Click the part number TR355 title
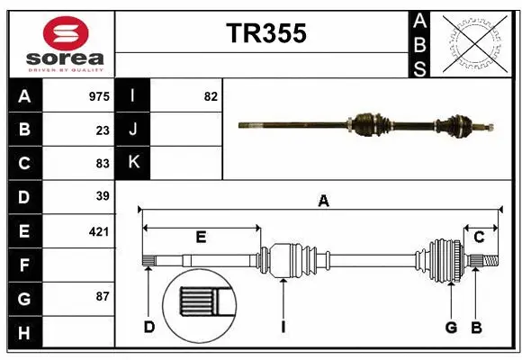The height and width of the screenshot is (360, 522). pos(265,33)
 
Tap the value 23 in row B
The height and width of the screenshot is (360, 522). pos(103,130)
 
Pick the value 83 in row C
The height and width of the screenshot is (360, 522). pos(103,164)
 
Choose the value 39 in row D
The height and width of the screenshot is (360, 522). pos(103,196)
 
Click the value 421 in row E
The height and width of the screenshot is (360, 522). pos(99,231)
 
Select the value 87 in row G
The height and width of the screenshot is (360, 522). pos(103,296)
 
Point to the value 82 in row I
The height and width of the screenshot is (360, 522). pos(211,96)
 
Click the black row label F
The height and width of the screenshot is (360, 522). pos(24,265)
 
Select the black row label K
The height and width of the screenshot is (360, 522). pos(133,163)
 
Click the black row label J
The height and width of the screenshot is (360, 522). pos(133,130)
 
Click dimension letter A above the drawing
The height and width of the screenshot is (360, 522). pos(323,202)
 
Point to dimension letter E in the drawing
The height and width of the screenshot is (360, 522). pos(201,238)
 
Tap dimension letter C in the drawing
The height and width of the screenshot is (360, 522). pos(480,238)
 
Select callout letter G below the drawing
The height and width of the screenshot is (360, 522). pos(451,327)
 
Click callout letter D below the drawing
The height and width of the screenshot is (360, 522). pos(149,327)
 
